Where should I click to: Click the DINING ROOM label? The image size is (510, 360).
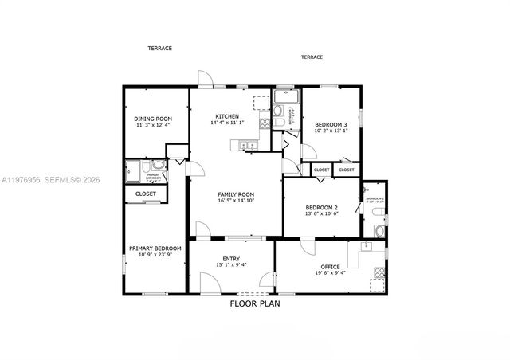(152, 118)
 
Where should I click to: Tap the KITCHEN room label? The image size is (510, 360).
(227, 116)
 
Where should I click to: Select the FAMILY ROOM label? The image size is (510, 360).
(237, 194)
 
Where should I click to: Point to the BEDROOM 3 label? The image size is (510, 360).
(331, 125)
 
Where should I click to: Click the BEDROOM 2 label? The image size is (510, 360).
(323, 207)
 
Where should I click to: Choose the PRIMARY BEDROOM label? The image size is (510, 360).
(155, 248)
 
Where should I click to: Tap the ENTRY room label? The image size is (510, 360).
(231, 258)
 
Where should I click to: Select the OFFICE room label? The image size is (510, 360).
(330, 266)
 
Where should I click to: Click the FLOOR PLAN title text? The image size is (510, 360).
(255, 303)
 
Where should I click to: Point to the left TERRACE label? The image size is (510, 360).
(159, 48)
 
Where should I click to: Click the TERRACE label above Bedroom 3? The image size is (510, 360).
(312, 57)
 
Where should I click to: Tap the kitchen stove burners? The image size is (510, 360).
(264, 123)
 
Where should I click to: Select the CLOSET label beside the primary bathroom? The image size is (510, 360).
(146, 194)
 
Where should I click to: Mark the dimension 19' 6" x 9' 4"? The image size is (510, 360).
(330, 273)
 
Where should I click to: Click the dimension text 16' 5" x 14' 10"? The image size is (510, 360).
(237, 202)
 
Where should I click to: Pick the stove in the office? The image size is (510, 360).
(379, 284)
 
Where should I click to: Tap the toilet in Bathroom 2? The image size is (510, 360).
(379, 231)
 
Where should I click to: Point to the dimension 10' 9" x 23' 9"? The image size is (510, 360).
(155, 256)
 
